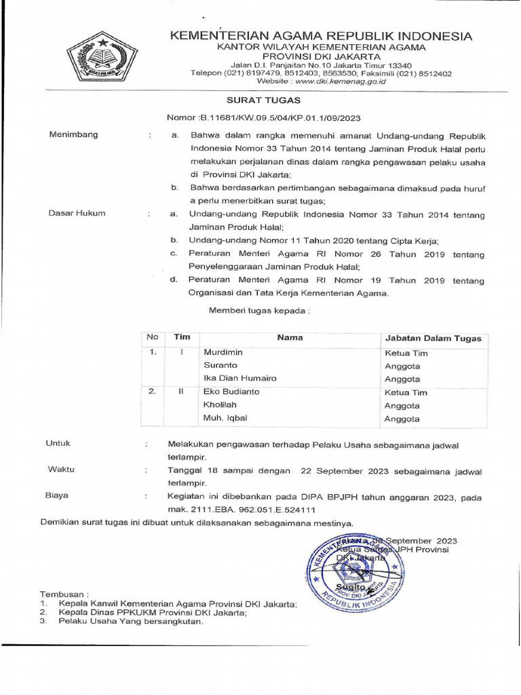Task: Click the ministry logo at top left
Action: point(102,57)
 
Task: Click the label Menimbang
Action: point(73,134)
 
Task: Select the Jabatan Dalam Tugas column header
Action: point(433,338)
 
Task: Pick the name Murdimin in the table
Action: point(223,352)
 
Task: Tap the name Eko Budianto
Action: point(231,392)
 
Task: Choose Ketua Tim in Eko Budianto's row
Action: point(406,392)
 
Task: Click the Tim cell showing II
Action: point(181,392)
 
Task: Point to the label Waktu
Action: point(61,469)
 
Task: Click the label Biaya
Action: point(57,495)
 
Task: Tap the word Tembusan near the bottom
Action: point(64,593)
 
